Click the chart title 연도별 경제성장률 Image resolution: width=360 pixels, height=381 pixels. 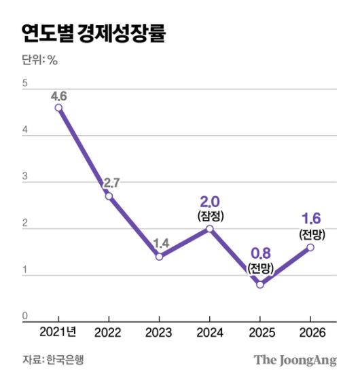pyautogui.click(x=93, y=33)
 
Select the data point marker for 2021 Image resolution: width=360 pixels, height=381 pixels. pyautogui.click(x=58, y=107)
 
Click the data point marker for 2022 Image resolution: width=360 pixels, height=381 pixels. pyautogui.click(x=109, y=196)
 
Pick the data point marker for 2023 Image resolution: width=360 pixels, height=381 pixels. pyautogui.click(x=159, y=257)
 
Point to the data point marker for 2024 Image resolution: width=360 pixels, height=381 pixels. pyautogui.click(x=209, y=229)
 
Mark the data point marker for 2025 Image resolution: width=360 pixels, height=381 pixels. pyautogui.click(x=259, y=285)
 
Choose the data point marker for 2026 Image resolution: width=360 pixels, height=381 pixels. pyautogui.click(x=310, y=247)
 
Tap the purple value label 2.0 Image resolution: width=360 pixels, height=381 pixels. pyautogui.click(x=210, y=201)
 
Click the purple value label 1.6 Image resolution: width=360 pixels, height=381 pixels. pyautogui.click(x=310, y=219)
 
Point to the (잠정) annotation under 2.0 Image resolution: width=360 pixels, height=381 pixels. pyautogui.click(x=210, y=215)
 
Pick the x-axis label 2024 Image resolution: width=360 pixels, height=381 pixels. pyautogui.click(x=209, y=333)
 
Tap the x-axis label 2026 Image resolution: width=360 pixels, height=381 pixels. pyautogui.click(x=310, y=333)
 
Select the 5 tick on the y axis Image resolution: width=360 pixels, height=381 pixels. pyautogui.click(x=25, y=84)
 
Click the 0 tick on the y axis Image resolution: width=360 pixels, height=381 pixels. pyautogui.click(x=25, y=316)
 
